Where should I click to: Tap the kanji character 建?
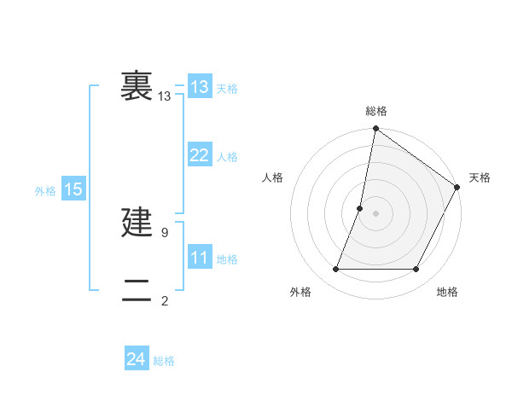(x=137, y=223)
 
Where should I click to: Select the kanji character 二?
(x=137, y=291)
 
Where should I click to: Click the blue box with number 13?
(x=200, y=87)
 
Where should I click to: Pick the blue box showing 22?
(x=200, y=155)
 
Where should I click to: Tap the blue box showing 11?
(x=200, y=258)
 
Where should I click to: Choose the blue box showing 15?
(x=73, y=189)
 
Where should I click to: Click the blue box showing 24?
(x=137, y=360)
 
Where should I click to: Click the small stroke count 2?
(x=165, y=301)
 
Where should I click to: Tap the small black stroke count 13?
(x=164, y=96)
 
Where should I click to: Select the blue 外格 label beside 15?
(x=45, y=192)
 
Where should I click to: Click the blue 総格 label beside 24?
(x=164, y=362)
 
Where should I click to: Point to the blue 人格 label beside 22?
(x=227, y=158)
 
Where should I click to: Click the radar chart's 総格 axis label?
(x=376, y=112)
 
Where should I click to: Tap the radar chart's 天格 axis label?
(x=480, y=177)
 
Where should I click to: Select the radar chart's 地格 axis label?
(x=447, y=292)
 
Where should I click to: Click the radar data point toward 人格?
(x=360, y=208)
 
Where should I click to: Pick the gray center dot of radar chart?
(x=375, y=213)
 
